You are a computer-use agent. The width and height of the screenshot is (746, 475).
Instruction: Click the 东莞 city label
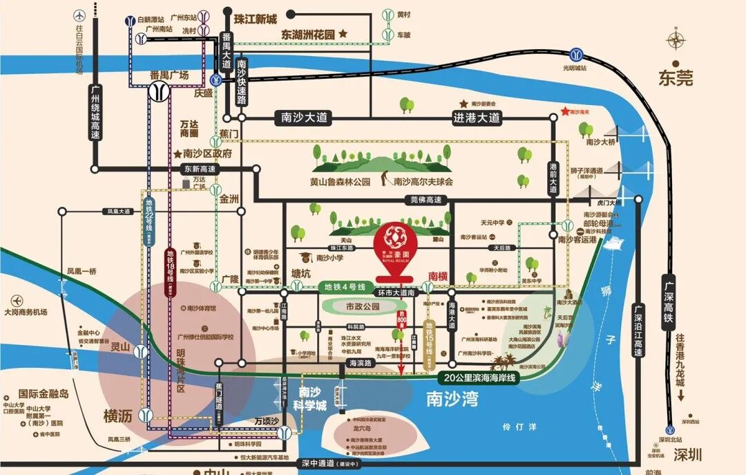pyautogui.click(x=675, y=78)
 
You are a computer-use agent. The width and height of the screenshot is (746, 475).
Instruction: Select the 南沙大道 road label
pyautogui.click(x=301, y=118)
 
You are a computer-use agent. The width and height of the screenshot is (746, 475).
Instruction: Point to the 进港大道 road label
pyautogui.click(x=476, y=118)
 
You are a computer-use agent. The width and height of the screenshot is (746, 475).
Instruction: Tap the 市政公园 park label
pyautogui.click(x=363, y=306)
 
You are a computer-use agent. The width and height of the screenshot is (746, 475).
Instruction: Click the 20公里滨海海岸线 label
pyautogui.click(x=477, y=378)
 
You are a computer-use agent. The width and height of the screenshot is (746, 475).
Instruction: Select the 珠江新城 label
pyautogui.click(x=255, y=19)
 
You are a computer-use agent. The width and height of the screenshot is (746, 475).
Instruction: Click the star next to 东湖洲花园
pyautogui.click(x=343, y=33)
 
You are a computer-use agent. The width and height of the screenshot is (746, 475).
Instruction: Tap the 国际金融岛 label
pyautogui.click(x=44, y=393)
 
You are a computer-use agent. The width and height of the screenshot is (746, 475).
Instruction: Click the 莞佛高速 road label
pyautogui.click(x=425, y=200)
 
